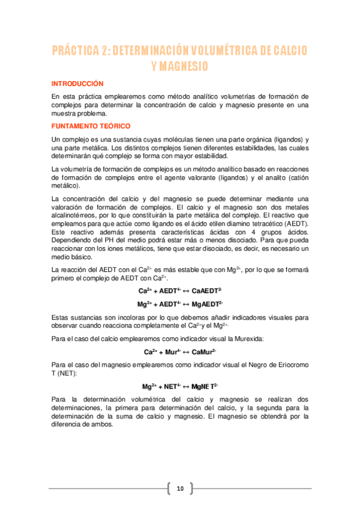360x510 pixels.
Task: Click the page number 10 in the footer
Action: coord(180,488)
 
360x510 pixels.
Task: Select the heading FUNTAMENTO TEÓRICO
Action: coord(91,126)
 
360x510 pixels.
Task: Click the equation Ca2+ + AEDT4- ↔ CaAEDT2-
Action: coord(180,290)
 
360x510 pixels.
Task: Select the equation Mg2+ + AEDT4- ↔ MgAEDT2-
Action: coord(180,304)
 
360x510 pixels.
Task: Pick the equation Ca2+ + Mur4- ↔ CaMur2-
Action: coord(180,351)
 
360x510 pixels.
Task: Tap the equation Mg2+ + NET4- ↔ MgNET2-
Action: coord(180,386)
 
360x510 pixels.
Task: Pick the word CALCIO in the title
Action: coord(288,51)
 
